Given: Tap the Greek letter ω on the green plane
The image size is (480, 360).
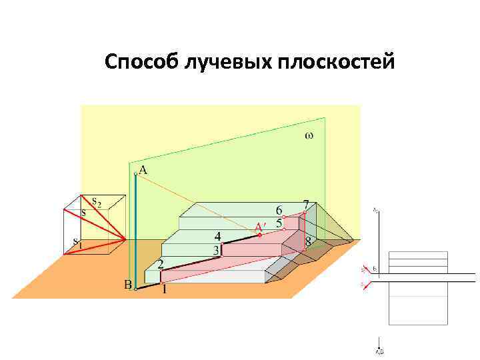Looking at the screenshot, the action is pyautogui.click(x=308, y=135).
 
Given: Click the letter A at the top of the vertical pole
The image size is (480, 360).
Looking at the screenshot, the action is pyautogui.click(x=143, y=170).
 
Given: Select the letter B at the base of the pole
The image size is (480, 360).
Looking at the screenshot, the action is pyautogui.click(x=127, y=285).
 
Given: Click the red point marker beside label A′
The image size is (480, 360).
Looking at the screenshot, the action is pyautogui.click(x=259, y=235).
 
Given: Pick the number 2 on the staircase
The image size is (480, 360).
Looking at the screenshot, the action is pyautogui.click(x=161, y=264).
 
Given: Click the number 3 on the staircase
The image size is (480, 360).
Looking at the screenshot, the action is pyautogui.click(x=216, y=250).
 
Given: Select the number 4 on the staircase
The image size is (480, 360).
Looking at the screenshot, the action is pyautogui.click(x=218, y=236).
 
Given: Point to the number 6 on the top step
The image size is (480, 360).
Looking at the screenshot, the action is pyautogui.click(x=279, y=210).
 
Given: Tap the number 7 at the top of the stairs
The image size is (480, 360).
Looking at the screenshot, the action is pyautogui.click(x=305, y=204).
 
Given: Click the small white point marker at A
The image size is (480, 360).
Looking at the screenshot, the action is pyautogui.click(x=135, y=173).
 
